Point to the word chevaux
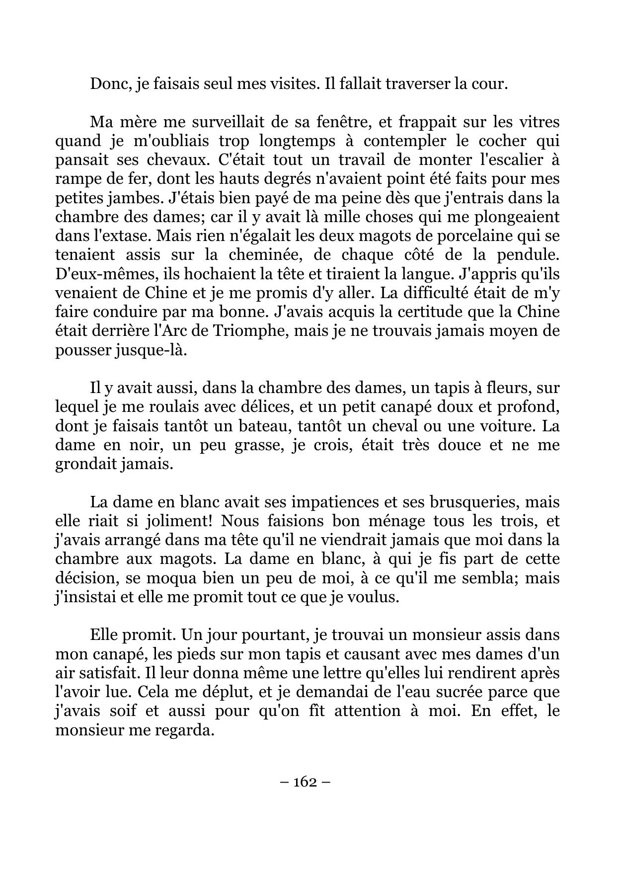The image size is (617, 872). coord(178,160)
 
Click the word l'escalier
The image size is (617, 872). coord(509,160)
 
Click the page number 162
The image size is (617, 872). coord(305,782)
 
